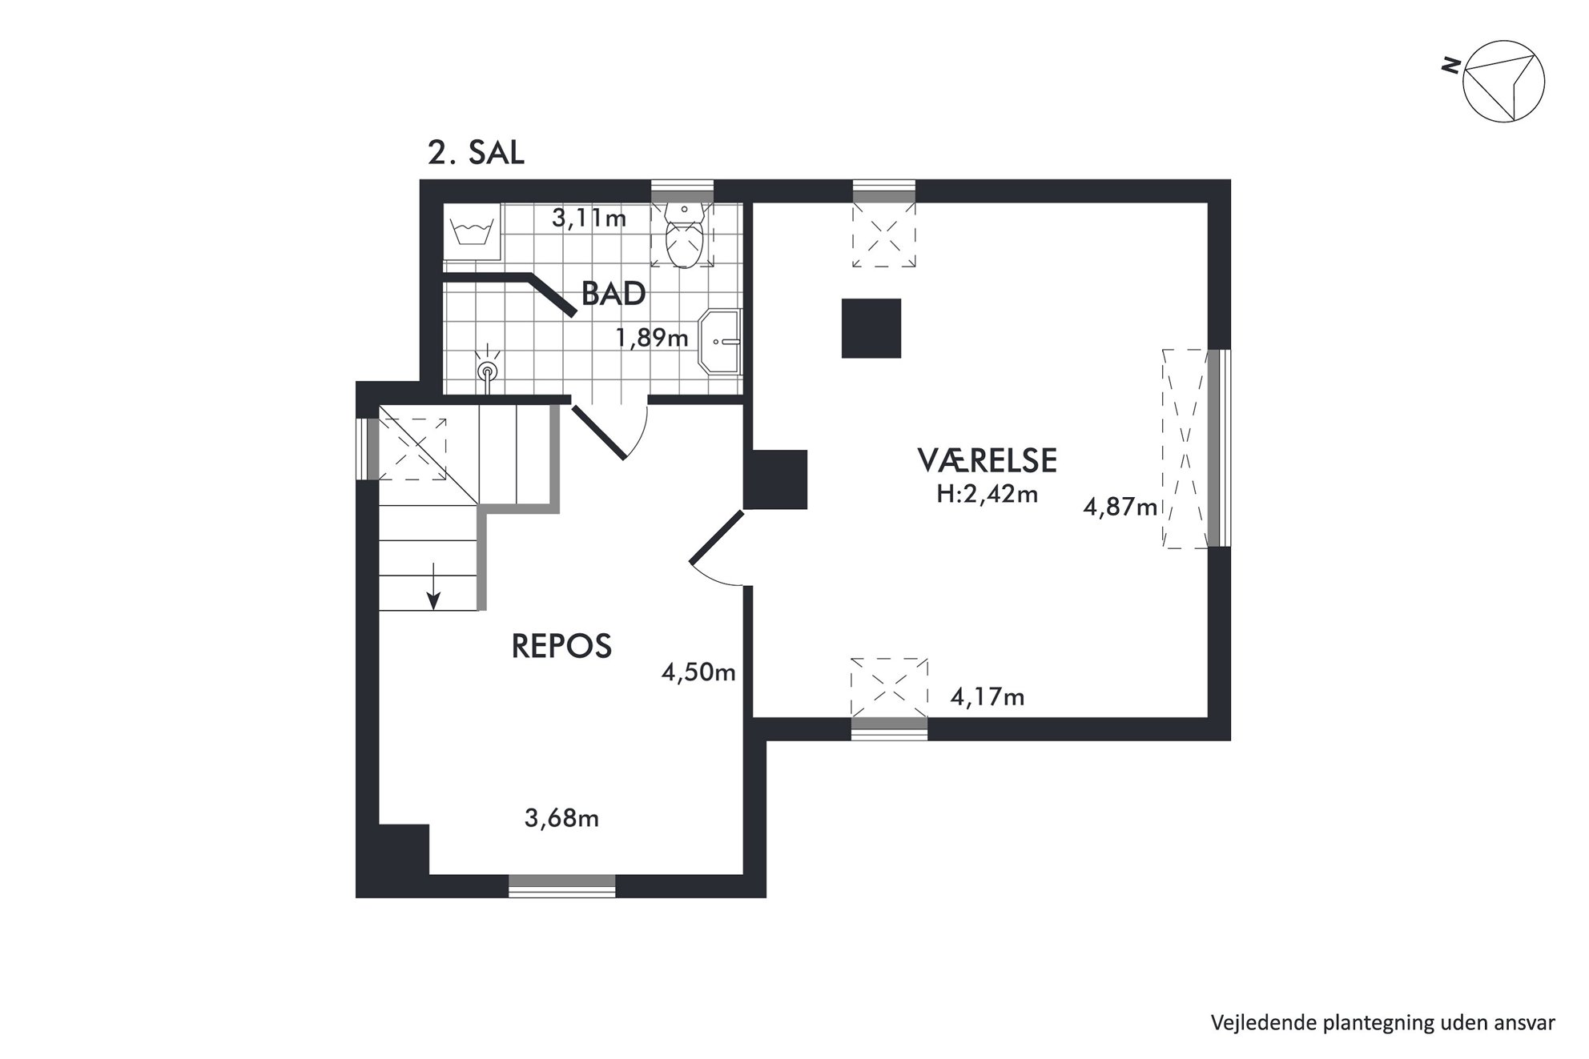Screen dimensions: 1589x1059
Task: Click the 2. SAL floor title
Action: click(476, 153)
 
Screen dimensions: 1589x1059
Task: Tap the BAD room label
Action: click(613, 294)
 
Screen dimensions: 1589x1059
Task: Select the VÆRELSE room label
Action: click(987, 460)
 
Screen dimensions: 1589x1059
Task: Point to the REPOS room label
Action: click(561, 646)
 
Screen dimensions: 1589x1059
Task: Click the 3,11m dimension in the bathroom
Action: click(589, 218)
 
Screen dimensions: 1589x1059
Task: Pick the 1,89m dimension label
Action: click(652, 338)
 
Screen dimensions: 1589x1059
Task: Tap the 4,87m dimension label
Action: click(1120, 507)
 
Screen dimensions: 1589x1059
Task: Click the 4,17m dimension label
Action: click(988, 697)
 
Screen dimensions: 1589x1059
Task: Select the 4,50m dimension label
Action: click(698, 672)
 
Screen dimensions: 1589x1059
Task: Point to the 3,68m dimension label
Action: click(561, 818)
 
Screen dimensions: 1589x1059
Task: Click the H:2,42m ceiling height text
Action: click(988, 495)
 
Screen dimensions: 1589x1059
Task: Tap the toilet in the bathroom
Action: click(684, 235)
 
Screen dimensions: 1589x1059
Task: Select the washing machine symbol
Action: click(473, 232)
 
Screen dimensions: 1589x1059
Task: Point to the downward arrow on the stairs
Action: click(433, 585)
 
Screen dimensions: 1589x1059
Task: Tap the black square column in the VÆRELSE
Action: click(871, 328)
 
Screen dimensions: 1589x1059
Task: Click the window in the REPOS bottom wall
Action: click(562, 885)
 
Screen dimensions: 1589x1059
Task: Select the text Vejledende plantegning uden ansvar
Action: click(1383, 1022)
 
